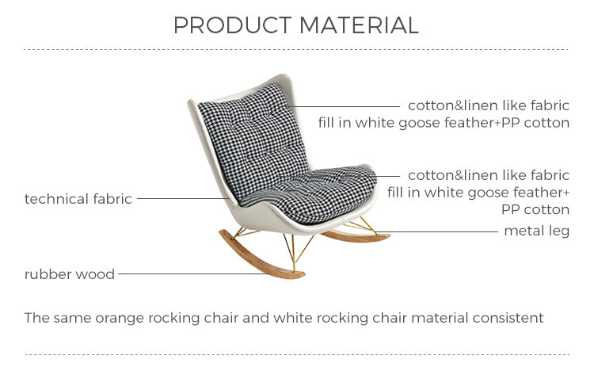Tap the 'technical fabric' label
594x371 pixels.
pyautogui.click(x=78, y=199)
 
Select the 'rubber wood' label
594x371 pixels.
pyautogui.click(x=70, y=274)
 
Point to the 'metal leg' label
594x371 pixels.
pyautogui.click(x=536, y=231)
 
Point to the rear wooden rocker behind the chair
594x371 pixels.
pyautogui.click(x=356, y=235)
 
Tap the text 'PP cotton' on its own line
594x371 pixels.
pyautogui.click(x=535, y=210)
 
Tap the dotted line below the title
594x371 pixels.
pyautogui.click(x=296, y=49)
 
